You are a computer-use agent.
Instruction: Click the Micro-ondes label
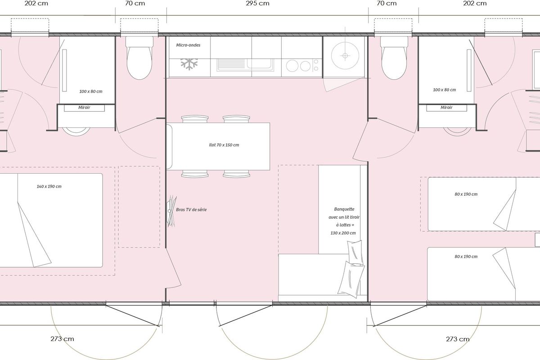coord(188,45)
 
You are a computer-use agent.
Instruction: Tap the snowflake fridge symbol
coord(189,64)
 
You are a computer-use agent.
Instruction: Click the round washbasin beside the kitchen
coord(345,56)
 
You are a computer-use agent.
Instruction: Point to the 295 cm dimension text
coord(257,4)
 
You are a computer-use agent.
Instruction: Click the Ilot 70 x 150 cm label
coord(224,145)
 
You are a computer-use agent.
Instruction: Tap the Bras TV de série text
coord(191,210)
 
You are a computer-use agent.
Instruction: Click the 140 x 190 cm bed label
coord(49,186)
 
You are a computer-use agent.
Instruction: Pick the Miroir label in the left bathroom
coord(84,108)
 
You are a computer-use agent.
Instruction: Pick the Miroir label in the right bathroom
coord(446,108)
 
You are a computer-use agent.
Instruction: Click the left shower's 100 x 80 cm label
coord(90,91)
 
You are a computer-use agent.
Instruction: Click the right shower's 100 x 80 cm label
coord(444,90)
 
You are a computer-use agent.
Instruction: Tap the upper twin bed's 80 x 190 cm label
coord(466,194)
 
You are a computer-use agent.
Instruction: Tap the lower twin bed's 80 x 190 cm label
coord(466,256)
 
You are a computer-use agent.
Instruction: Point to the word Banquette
coord(344,209)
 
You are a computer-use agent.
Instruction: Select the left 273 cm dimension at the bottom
coord(62,339)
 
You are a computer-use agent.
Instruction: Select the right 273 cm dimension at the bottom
coord(458,339)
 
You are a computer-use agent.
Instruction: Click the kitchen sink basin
coord(260,64)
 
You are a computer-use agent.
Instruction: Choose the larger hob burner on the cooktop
coord(292,66)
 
